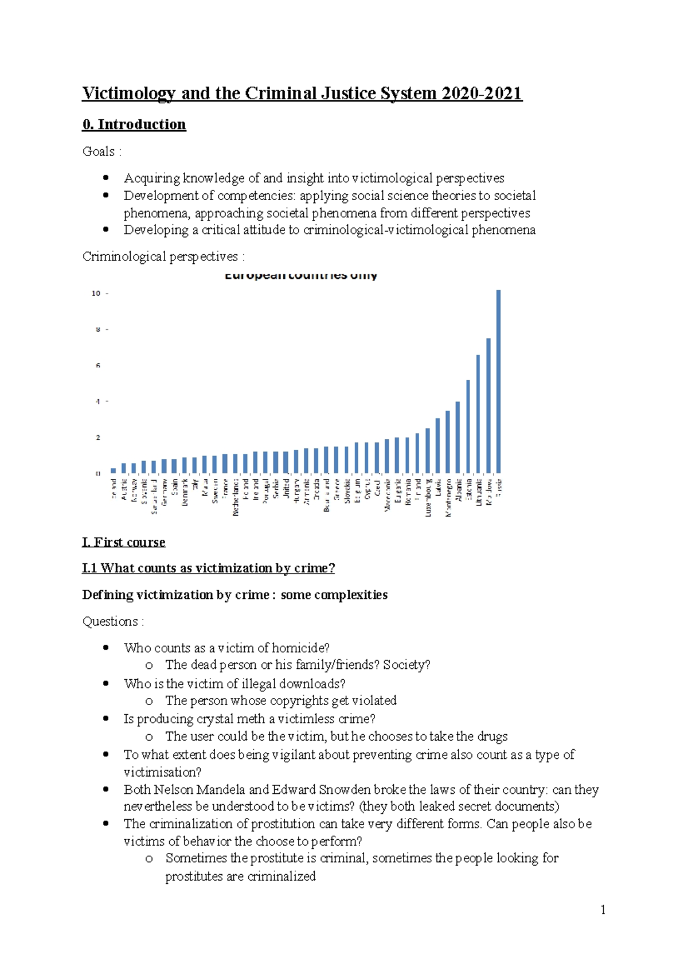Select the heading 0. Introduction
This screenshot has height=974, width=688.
point(134,124)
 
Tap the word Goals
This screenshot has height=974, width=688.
point(99,151)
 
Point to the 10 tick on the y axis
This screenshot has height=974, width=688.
point(96,293)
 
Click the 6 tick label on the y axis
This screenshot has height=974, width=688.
point(98,365)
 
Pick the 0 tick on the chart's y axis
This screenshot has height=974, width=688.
point(98,473)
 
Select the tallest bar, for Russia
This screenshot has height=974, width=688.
point(498,381)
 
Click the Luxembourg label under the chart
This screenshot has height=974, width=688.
point(428,497)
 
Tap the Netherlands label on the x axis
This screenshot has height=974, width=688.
point(236,497)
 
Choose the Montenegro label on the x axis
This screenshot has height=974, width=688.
point(448,497)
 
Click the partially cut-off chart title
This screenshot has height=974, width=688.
point(300,276)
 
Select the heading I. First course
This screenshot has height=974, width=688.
point(124,542)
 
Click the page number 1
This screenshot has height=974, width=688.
point(603,910)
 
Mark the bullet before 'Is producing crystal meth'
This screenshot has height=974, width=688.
point(105,719)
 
